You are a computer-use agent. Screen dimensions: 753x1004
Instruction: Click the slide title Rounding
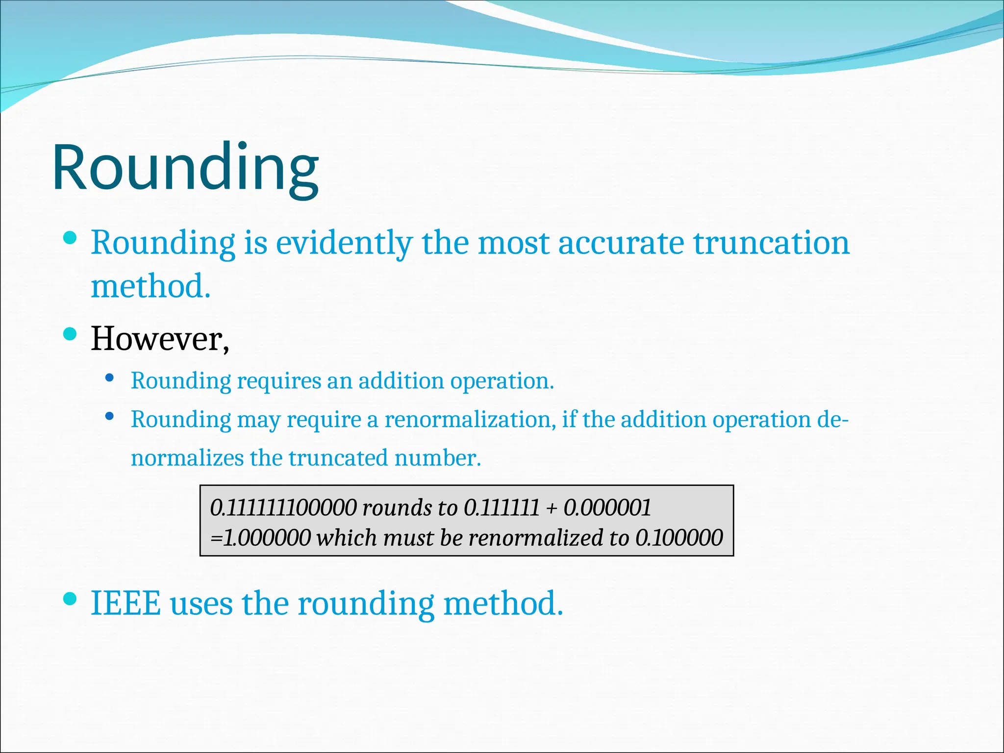click(185, 168)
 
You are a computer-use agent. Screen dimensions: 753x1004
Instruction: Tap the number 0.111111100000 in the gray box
click(283, 508)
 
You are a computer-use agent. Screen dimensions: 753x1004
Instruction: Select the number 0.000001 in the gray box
click(607, 508)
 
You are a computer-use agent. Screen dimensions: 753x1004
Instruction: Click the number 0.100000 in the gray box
click(679, 538)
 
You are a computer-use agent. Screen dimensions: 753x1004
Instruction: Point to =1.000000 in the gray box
click(260, 538)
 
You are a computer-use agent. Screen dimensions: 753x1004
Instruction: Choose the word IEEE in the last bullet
click(126, 603)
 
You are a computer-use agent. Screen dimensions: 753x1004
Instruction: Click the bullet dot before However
click(71, 334)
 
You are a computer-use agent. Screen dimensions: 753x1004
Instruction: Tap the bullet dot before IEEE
click(71, 599)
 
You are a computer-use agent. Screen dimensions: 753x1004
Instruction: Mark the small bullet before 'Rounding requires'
click(110, 378)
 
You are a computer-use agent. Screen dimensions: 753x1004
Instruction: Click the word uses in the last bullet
click(201, 603)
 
